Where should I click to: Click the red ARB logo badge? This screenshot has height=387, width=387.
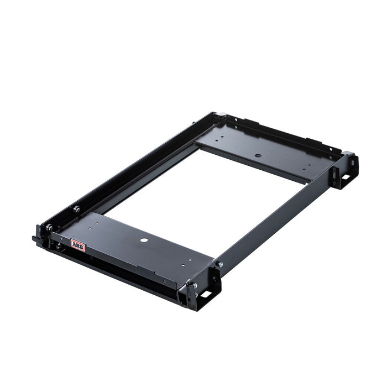pos(77,245)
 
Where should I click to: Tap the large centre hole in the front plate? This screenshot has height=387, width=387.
pos(144,240)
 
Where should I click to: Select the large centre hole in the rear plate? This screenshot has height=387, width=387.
pos(258,156)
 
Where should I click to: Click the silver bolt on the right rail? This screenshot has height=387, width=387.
pos(219,265)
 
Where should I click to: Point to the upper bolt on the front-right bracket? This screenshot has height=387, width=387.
pos(194,286)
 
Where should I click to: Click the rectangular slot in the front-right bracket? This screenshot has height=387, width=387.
pos(206,294)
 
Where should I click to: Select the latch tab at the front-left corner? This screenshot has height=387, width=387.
pos(37,239)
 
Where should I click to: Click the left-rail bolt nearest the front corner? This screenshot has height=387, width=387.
pos(49,227)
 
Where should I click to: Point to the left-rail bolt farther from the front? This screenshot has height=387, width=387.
pos(76,209)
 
